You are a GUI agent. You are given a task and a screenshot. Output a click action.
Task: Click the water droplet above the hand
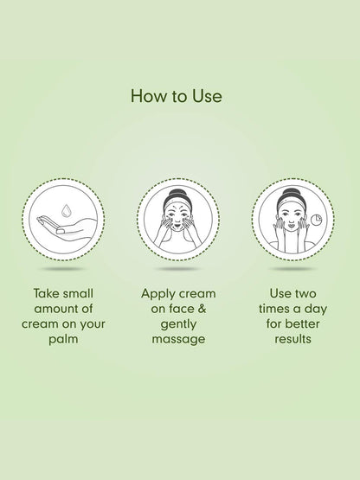66,211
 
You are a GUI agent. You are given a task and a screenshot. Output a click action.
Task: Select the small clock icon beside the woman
316,220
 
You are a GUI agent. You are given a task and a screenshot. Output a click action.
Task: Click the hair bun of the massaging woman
177,194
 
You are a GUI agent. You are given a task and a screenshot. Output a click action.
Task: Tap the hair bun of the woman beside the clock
292,193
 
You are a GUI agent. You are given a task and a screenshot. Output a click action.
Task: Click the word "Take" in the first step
46,293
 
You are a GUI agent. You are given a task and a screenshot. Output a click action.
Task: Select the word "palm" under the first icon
63,340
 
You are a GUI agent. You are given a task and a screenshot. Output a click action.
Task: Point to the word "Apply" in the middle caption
157,294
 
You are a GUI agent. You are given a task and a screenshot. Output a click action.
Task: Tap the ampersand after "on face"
201,309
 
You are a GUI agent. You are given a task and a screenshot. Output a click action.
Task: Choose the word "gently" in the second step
178,324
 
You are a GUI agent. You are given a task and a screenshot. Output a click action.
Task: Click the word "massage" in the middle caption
178,339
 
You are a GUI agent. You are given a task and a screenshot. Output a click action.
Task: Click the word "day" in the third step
316,309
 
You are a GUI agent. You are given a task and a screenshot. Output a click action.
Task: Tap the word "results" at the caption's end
292,339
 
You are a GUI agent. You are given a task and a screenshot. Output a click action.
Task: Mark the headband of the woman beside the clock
292,202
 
